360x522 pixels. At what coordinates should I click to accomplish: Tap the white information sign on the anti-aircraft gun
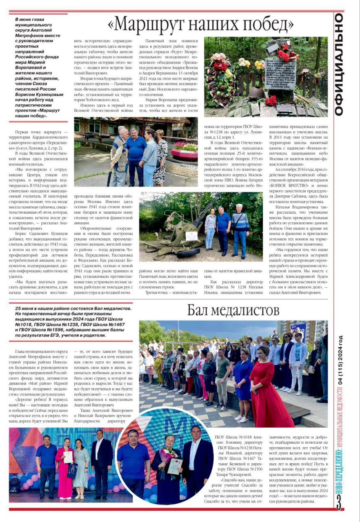pyautogui.click(x=191, y=236)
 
